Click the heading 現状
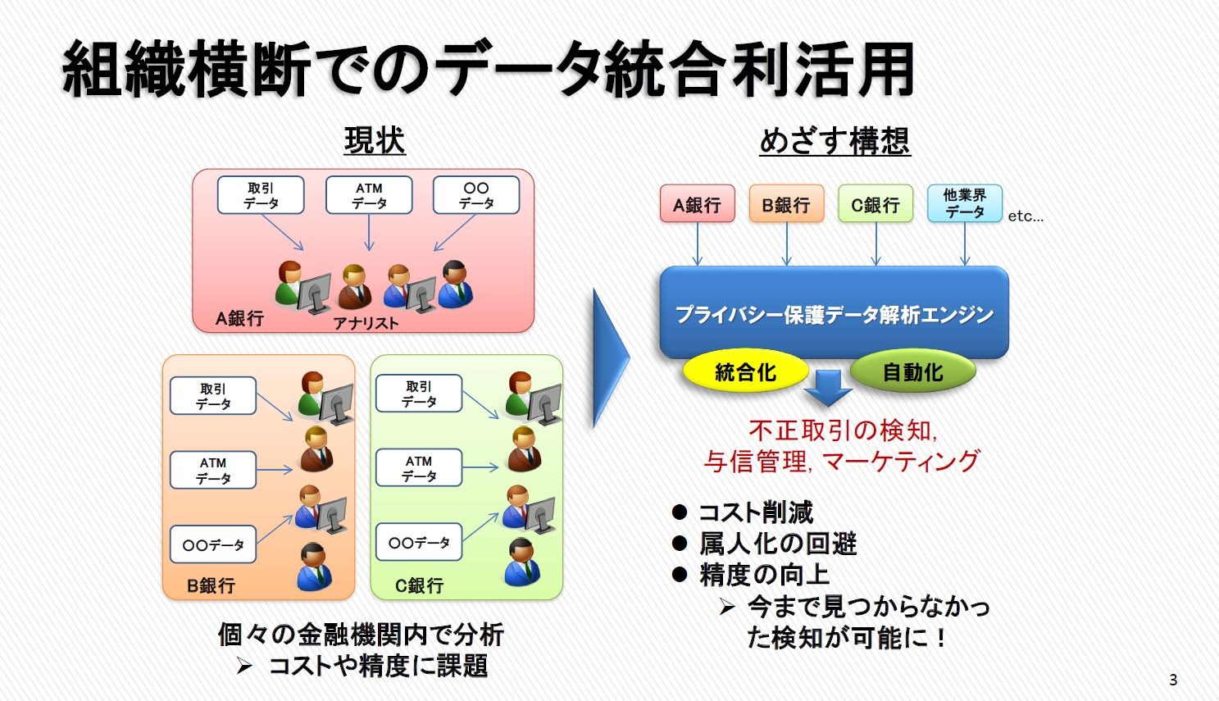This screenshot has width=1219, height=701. click(375, 140)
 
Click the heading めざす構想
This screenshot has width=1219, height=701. click(835, 140)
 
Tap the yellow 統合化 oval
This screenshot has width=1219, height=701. click(745, 372)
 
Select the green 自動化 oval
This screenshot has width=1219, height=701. click(912, 372)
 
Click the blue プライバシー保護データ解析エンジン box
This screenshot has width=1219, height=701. click(834, 313)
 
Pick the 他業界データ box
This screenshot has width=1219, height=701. click(964, 203)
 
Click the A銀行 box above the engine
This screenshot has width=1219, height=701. click(697, 204)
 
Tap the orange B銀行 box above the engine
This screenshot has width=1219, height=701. click(786, 204)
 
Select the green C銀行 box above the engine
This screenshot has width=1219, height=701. click(875, 204)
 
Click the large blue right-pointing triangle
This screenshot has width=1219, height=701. click(608, 357)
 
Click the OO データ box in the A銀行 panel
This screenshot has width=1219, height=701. click(475, 195)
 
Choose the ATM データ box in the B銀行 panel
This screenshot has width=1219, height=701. click(213, 470)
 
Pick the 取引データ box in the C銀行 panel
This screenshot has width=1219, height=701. click(419, 394)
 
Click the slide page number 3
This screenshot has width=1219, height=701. click(1173, 680)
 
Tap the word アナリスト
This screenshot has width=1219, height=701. click(366, 323)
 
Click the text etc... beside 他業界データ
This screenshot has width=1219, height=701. click(1026, 216)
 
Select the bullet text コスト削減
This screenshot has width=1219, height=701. click(755, 512)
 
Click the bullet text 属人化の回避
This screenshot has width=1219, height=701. click(777, 544)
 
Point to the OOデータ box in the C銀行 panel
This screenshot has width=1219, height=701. click(419, 543)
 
